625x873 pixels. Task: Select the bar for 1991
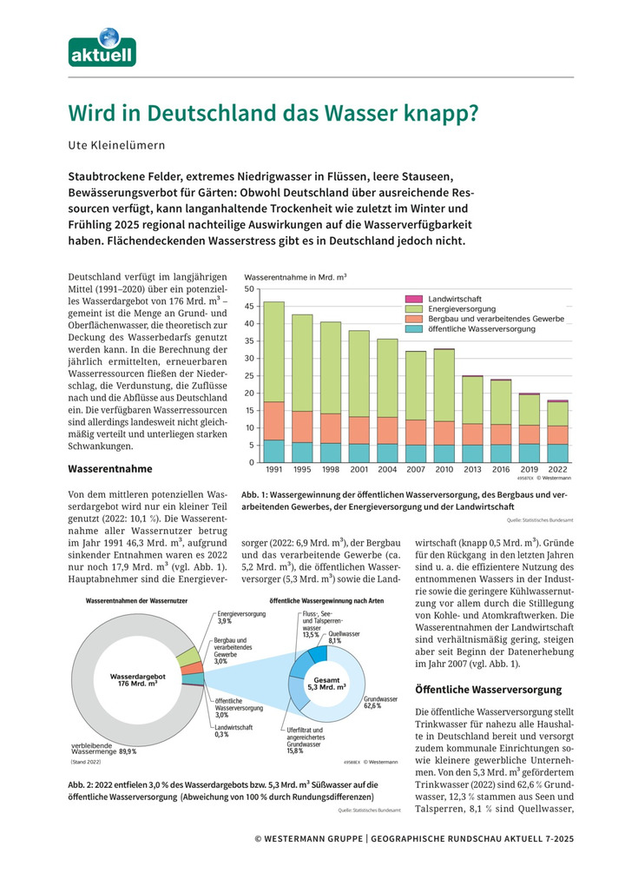tap(273, 382)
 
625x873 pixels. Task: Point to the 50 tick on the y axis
tap(249, 289)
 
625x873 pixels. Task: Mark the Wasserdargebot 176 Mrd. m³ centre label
tap(133, 678)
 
